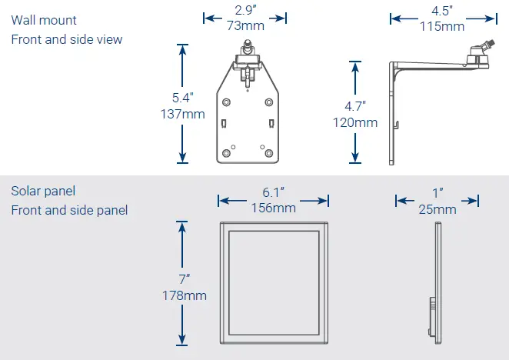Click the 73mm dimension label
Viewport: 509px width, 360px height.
tap(245, 26)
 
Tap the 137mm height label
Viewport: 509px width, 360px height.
tap(182, 115)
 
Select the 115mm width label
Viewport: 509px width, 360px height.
tap(441, 26)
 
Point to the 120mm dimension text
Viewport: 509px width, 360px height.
tap(355, 122)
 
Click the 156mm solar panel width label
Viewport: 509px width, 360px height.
tap(273, 208)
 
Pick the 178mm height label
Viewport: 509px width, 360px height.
tap(184, 295)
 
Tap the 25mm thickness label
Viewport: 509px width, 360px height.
tap(437, 208)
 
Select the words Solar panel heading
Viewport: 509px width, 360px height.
tap(43, 191)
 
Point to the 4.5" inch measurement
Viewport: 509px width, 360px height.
tap(441, 12)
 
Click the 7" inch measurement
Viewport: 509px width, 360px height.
tap(184, 279)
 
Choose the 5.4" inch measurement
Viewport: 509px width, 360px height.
tap(182, 98)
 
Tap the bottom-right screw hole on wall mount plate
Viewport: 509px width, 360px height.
tap(268, 152)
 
